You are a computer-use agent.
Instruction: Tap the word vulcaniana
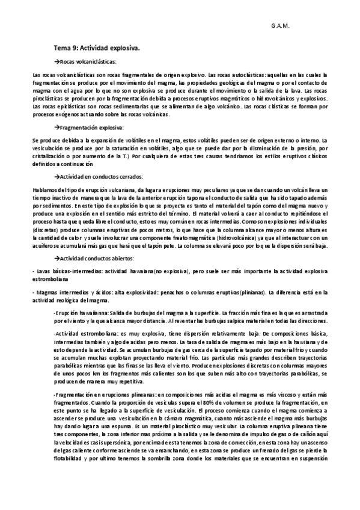[118, 189]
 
